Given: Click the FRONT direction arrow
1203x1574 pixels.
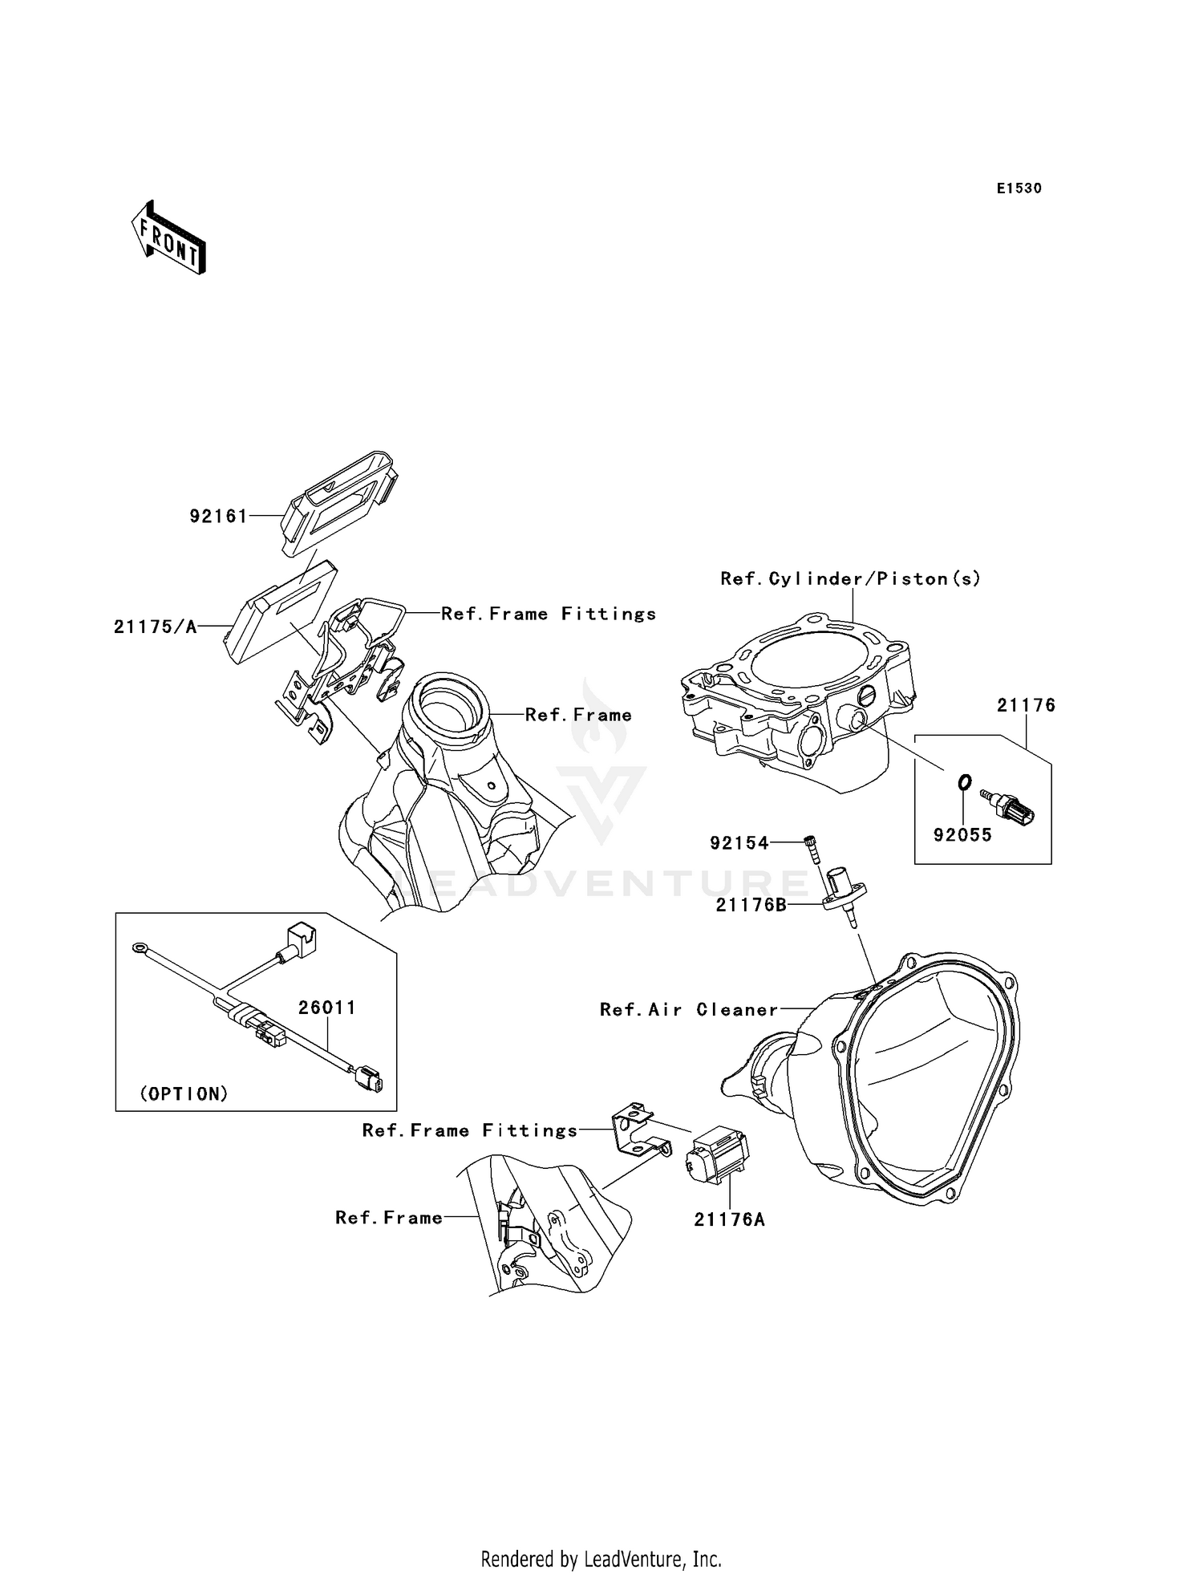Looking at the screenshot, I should click(168, 238).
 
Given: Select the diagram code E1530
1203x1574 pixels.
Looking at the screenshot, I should click(1019, 189).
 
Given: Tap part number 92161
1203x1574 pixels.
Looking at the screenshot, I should click(218, 517).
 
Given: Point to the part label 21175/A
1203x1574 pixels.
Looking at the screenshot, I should click(155, 627).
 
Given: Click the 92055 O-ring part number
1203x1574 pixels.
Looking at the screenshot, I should click(962, 835).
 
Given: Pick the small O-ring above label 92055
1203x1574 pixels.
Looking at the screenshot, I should click(965, 781).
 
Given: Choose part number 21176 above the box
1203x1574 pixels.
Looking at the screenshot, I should click(1026, 705).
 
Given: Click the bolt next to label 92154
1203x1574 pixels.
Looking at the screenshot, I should click(814, 848).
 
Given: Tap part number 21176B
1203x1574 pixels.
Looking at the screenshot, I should click(751, 905).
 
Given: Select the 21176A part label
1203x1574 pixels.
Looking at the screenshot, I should click(729, 1220).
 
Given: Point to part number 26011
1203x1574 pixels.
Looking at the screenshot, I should click(327, 1008).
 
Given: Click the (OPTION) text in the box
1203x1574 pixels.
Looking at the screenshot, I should click(184, 1094).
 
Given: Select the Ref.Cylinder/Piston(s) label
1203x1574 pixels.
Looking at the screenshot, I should click(850, 578).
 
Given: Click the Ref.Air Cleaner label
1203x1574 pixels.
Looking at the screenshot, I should click(689, 1010).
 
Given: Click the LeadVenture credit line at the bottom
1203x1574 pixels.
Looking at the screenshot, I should click(601, 1559).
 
